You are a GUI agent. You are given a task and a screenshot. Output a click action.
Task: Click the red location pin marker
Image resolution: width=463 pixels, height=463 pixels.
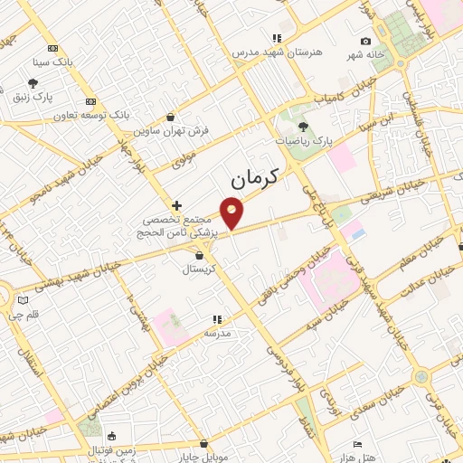tap(232, 212)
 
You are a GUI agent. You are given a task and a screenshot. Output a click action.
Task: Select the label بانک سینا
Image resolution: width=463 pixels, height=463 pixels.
tap(52, 63)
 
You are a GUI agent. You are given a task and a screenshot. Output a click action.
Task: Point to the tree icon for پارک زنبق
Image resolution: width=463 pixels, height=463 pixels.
tap(19, 92)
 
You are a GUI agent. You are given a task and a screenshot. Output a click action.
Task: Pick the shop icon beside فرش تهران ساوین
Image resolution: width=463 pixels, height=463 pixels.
tap(171, 116)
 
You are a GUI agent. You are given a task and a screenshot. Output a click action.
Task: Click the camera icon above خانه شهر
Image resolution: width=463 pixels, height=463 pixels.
tap(365, 41)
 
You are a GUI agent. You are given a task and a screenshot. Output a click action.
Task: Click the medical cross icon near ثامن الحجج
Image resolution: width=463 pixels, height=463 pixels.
tap(176, 206)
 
